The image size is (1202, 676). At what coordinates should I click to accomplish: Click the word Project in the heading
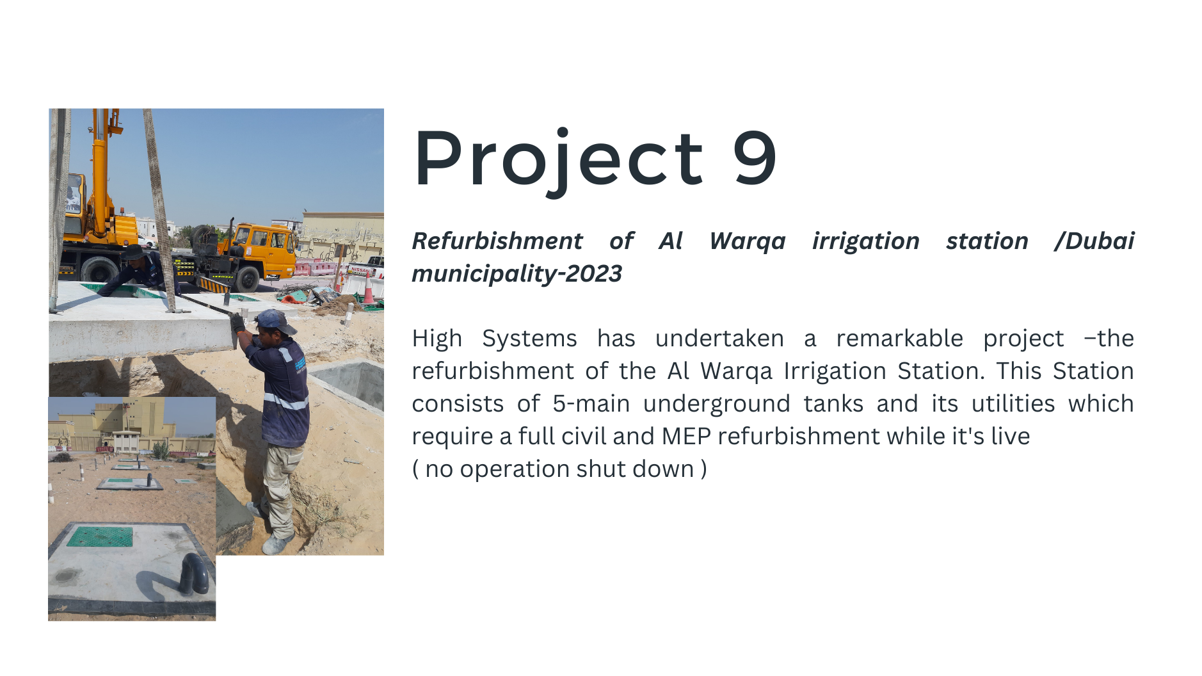pos(559,160)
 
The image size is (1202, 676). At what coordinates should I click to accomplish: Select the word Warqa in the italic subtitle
pos(748,241)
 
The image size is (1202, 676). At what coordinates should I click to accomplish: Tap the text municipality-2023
pos(517,274)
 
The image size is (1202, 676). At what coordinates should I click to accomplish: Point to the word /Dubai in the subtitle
pos(1094,241)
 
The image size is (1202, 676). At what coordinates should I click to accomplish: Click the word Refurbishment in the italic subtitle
pos(497,241)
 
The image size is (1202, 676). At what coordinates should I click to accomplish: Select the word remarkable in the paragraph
pos(899,338)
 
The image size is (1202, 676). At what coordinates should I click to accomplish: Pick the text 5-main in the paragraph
pos(591,404)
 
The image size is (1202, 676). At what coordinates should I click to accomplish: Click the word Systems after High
pos(529,339)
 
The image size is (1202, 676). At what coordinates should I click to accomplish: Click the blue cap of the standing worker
pos(275,320)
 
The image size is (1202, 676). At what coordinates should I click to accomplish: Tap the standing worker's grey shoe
pos(276,545)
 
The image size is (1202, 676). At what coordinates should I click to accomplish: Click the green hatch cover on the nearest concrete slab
pos(100,536)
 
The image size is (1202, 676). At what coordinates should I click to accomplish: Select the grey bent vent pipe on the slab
pos(194,572)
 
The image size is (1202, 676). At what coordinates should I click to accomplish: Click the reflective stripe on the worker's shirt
pos(285,402)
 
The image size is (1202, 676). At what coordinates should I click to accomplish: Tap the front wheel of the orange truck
pos(247,280)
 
